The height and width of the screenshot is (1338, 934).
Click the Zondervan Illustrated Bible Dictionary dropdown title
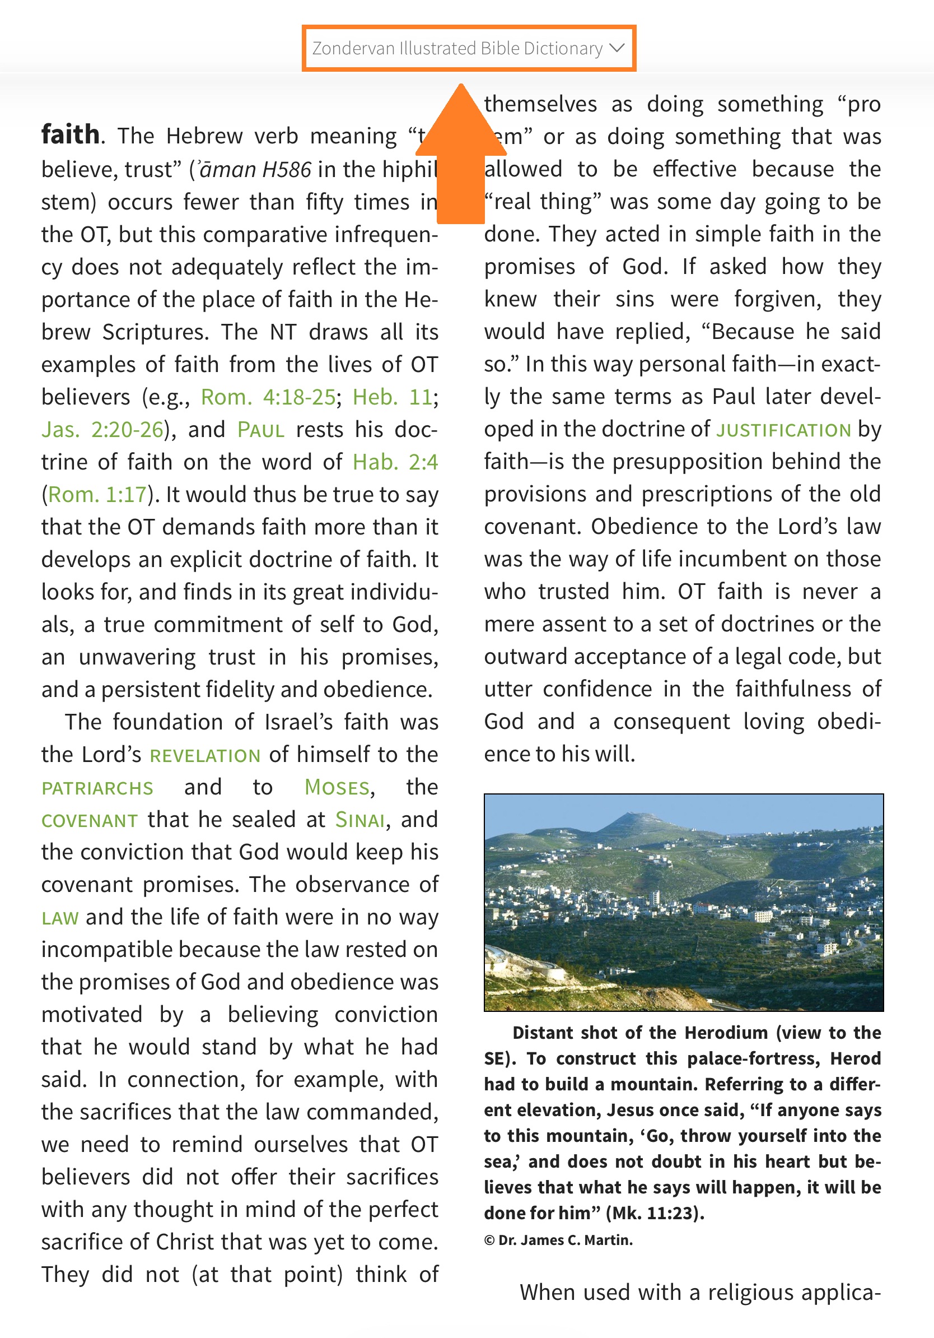point(457,48)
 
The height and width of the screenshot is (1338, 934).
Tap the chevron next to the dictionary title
point(617,48)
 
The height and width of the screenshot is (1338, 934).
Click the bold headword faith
point(70,134)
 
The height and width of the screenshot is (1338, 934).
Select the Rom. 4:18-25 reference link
point(268,397)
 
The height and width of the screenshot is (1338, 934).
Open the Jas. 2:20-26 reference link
point(102,430)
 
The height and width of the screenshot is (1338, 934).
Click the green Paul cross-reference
point(261,430)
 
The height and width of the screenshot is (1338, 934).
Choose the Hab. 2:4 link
point(395,463)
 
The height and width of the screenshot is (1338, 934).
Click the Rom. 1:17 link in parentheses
point(97,495)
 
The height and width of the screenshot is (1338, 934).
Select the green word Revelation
point(205,755)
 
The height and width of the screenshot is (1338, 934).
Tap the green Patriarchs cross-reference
point(97,788)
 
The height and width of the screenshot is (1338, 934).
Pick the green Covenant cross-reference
point(90,820)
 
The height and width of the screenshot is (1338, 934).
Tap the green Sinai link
point(360,820)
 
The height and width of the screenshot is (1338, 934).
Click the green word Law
point(60,918)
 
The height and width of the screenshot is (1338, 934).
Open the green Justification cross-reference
point(783,430)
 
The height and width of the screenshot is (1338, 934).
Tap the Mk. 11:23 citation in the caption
point(655,1213)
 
